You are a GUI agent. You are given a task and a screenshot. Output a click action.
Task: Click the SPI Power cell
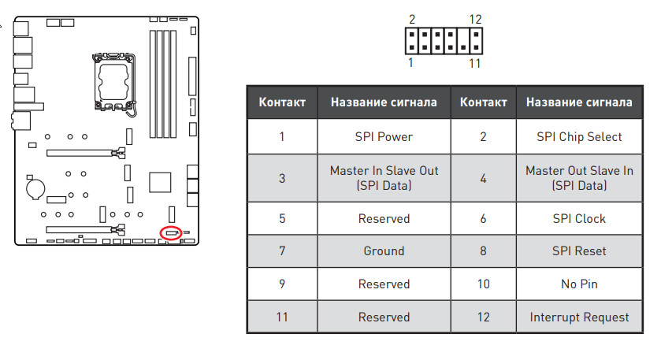[384, 137]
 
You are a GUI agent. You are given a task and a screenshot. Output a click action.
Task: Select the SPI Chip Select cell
[579, 137]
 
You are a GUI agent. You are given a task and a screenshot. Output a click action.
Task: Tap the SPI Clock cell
[579, 218]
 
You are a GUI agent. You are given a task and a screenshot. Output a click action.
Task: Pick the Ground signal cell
[384, 251]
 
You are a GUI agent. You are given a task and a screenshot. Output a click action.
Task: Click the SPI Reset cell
[579, 251]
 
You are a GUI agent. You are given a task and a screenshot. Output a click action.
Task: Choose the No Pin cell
[579, 284]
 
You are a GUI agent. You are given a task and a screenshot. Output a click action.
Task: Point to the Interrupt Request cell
[579, 317]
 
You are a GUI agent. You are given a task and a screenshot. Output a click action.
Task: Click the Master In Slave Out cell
[384, 178]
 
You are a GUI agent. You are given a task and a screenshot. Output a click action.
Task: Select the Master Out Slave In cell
[579, 178]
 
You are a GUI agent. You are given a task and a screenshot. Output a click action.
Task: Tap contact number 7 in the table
[282, 251]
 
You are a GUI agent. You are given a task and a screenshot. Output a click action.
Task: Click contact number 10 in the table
[483, 284]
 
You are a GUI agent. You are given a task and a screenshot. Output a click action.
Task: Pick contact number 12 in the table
[483, 317]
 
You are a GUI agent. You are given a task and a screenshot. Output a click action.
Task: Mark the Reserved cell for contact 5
[384, 218]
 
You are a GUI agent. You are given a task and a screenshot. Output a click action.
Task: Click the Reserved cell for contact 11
[384, 317]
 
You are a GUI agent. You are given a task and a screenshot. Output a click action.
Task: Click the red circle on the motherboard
[170, 232]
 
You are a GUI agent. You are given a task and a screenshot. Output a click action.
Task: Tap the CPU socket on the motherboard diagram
[112, 80]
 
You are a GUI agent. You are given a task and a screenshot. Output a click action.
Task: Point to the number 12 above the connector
[474, 18]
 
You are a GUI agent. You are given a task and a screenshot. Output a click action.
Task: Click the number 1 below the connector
[410, 63]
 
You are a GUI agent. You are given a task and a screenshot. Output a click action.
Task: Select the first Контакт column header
[282, 102]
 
